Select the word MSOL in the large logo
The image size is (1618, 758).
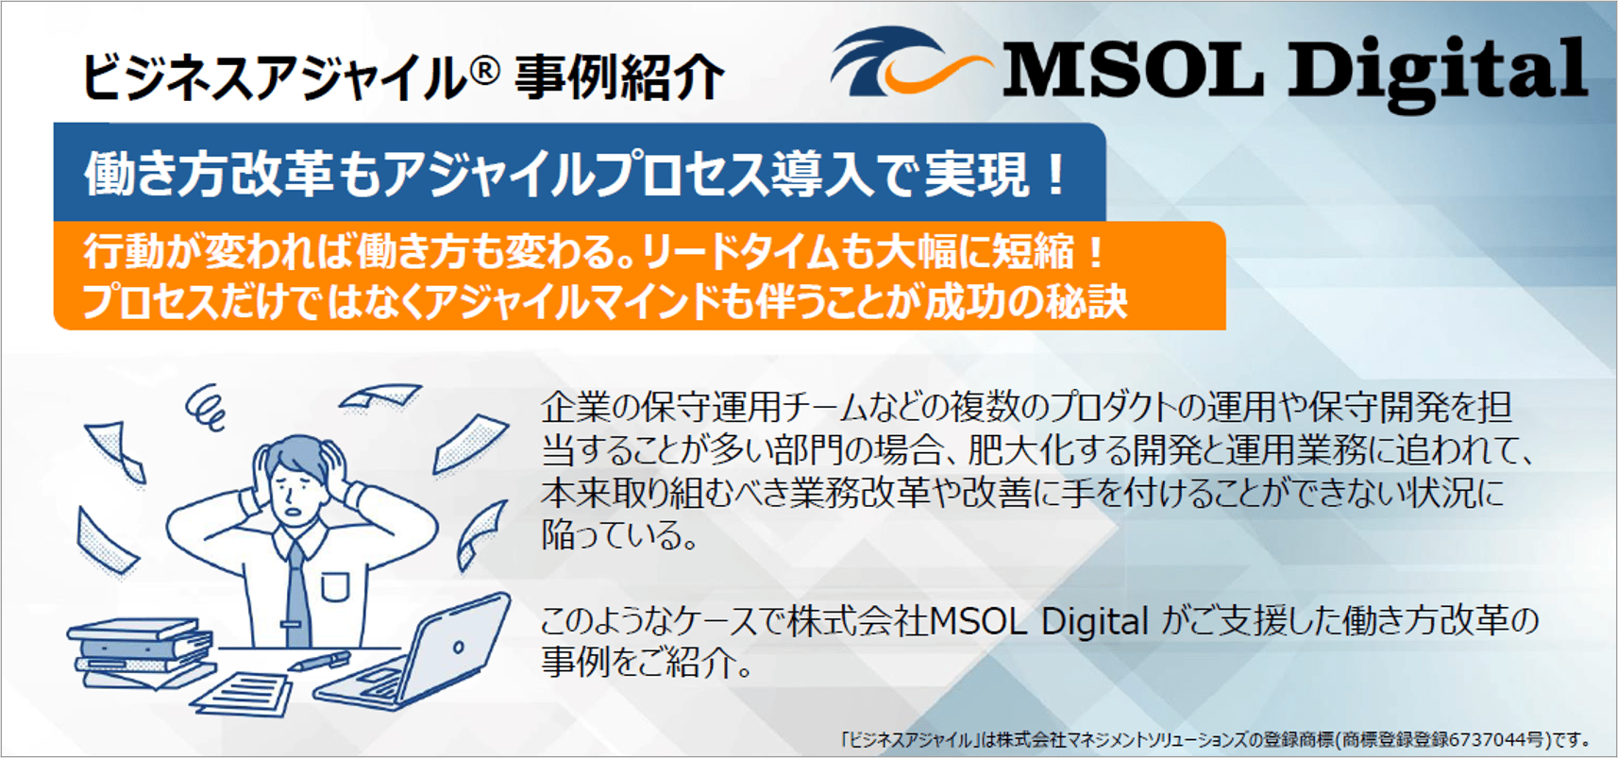click(x=1133, y=69)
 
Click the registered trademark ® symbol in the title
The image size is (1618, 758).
click(x=481, y=70)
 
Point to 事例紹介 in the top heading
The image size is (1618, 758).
click(x=619, y=76)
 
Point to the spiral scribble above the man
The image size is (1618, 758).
click(x=206, y=407)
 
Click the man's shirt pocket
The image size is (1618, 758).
click(x=334, y=586)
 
